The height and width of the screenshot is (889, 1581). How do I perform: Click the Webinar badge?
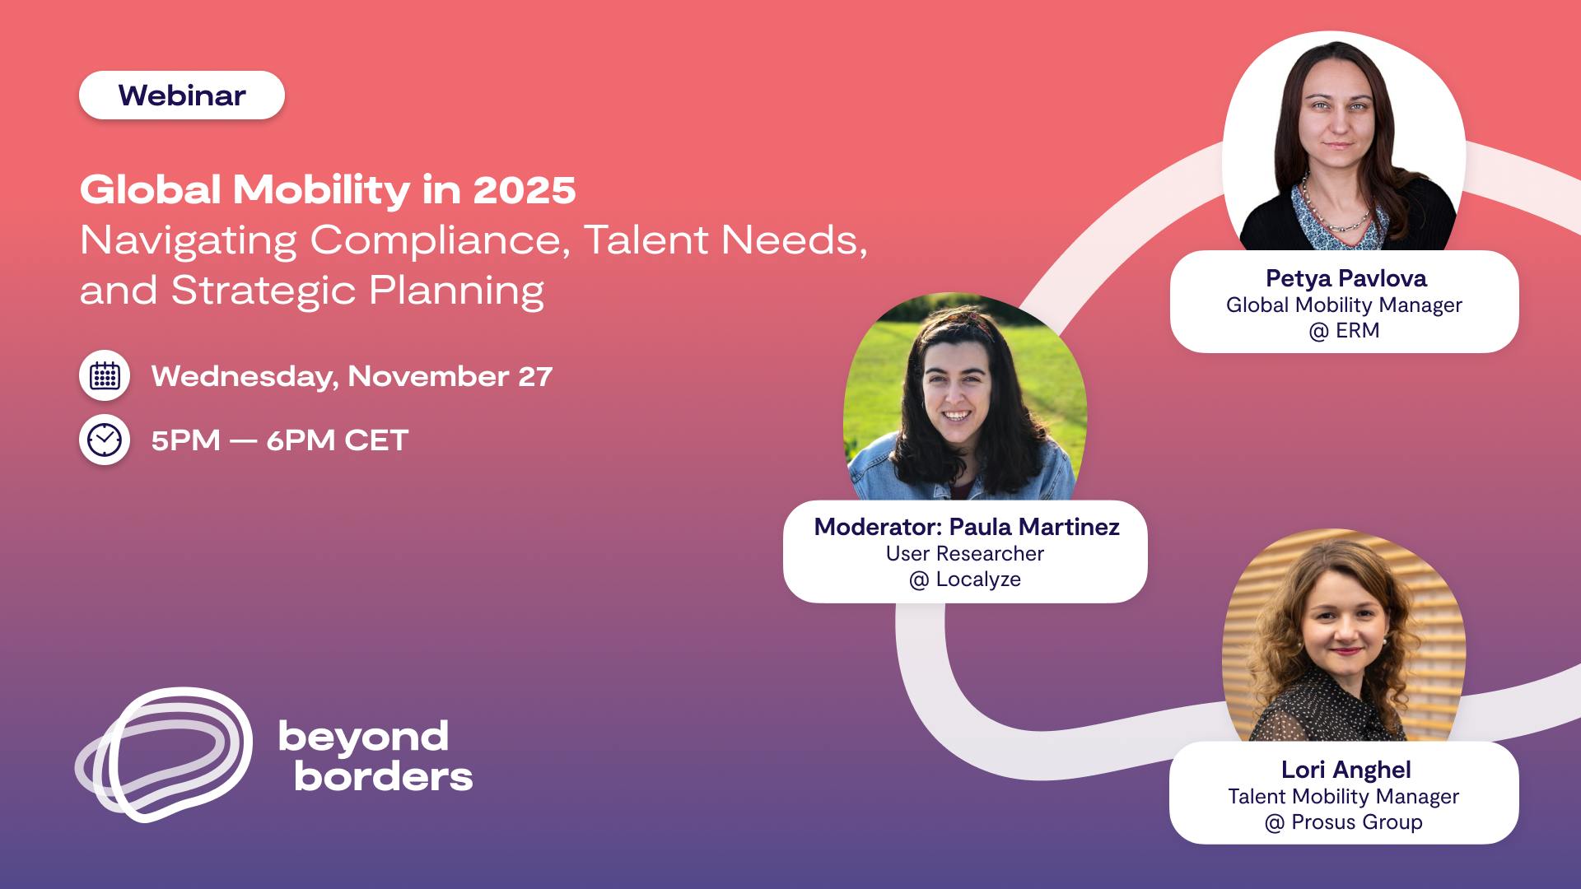coord(182,95)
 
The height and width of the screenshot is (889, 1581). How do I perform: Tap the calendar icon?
coord(105,376)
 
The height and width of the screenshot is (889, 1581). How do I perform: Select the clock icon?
coord(105,440)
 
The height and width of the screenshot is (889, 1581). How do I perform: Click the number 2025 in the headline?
coord(525,190)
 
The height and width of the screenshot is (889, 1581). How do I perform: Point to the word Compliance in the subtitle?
coord(440,241)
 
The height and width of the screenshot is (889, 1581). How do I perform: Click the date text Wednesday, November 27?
coord(352,376)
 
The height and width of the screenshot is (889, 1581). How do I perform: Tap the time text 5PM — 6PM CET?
coord(280,440)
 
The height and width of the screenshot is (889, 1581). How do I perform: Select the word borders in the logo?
coord(384,776)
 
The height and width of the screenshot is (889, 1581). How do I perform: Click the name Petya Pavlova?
coord(1346,279)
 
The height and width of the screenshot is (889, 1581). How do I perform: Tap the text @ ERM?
coord(1344,331)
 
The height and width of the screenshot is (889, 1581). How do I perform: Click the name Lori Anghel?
coord(1346,770)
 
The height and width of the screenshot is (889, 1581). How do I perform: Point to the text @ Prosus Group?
coord(1344,822)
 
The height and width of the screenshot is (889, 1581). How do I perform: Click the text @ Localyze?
coord(965,579)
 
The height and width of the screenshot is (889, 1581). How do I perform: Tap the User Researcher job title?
coord(965,553)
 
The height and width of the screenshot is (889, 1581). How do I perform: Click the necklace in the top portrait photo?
coord(1335,209)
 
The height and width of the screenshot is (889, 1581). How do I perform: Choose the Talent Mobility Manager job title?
coord(1344,797)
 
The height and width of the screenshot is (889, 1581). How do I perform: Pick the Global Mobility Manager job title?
coord(1344,305)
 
